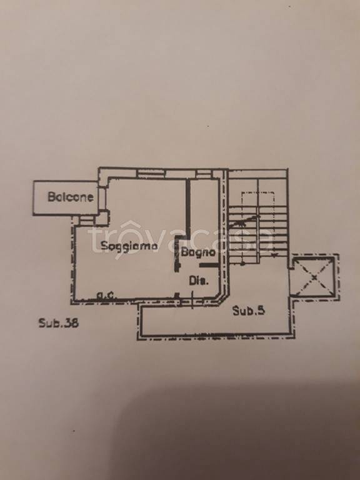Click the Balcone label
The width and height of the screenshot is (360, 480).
point(71,196)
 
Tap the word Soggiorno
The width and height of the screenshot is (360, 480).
point(129,246)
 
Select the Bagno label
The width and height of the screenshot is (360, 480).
point(198,252)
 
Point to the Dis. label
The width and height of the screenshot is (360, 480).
point(199,281)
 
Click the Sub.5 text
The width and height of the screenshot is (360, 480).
point(249,311)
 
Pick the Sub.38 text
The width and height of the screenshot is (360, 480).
point(59,323)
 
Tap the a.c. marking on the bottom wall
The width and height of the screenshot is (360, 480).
point(106,296)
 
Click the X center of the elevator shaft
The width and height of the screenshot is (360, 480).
point(314,277)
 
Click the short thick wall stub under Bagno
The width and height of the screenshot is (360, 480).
point(209,265)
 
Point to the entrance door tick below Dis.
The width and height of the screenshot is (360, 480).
point(192,300)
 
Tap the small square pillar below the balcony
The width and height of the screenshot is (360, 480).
point(102,218)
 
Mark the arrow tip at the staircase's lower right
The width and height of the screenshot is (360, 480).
point(274,255)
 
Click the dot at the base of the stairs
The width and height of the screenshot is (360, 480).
point(242,263)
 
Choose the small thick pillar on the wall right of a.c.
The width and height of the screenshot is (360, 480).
point(176,296)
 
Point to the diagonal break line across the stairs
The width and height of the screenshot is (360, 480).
point(244,221)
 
